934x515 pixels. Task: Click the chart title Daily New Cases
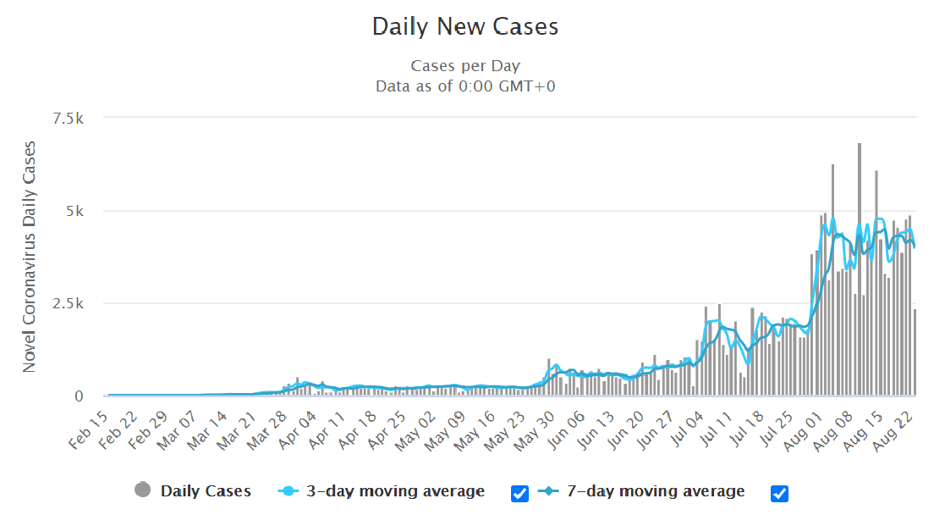click(465, 27)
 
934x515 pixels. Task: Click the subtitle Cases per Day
click(465, 66)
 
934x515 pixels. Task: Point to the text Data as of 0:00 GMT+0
click(465, 86)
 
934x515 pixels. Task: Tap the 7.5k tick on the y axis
click(68, 119)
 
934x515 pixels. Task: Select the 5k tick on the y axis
click(74, 211)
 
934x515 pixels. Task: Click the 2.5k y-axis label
click(68, 303)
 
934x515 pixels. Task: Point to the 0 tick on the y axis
click(79, 396)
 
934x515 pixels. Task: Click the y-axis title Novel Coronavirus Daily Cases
click(30, 257)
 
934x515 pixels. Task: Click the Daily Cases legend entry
click(206, 491)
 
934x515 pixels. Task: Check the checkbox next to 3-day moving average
click(520, 493)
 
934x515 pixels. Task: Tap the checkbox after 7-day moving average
click(779, 493)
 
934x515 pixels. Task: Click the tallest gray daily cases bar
click(860, 271)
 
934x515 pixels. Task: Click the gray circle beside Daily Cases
click(143, 490)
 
